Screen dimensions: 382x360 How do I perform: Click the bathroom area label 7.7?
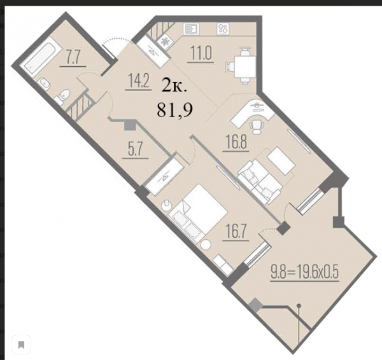[73, 57]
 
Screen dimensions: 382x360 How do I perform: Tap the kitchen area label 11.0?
[201, 53]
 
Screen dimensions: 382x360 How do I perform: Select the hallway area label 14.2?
[138, 81]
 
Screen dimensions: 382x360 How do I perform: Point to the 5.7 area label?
[135, 149]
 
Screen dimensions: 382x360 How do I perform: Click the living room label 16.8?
[236, 142]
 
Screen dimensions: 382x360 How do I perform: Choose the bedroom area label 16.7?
[236, 232]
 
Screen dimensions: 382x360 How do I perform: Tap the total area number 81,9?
[174, 110]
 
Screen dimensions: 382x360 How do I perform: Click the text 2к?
[174, 86]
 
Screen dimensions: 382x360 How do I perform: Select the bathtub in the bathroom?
[41, 57]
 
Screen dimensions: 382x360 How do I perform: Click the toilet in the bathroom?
[62, 97]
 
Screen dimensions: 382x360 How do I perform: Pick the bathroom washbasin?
[45, 84]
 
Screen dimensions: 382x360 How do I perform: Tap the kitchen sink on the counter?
[191, 29]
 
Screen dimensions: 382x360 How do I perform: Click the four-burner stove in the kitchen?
[223, 29]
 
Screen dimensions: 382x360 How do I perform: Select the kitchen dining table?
[245, 66]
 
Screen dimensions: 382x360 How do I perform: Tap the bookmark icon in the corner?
[21, 345]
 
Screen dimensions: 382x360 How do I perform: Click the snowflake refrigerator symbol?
[166, 42]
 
